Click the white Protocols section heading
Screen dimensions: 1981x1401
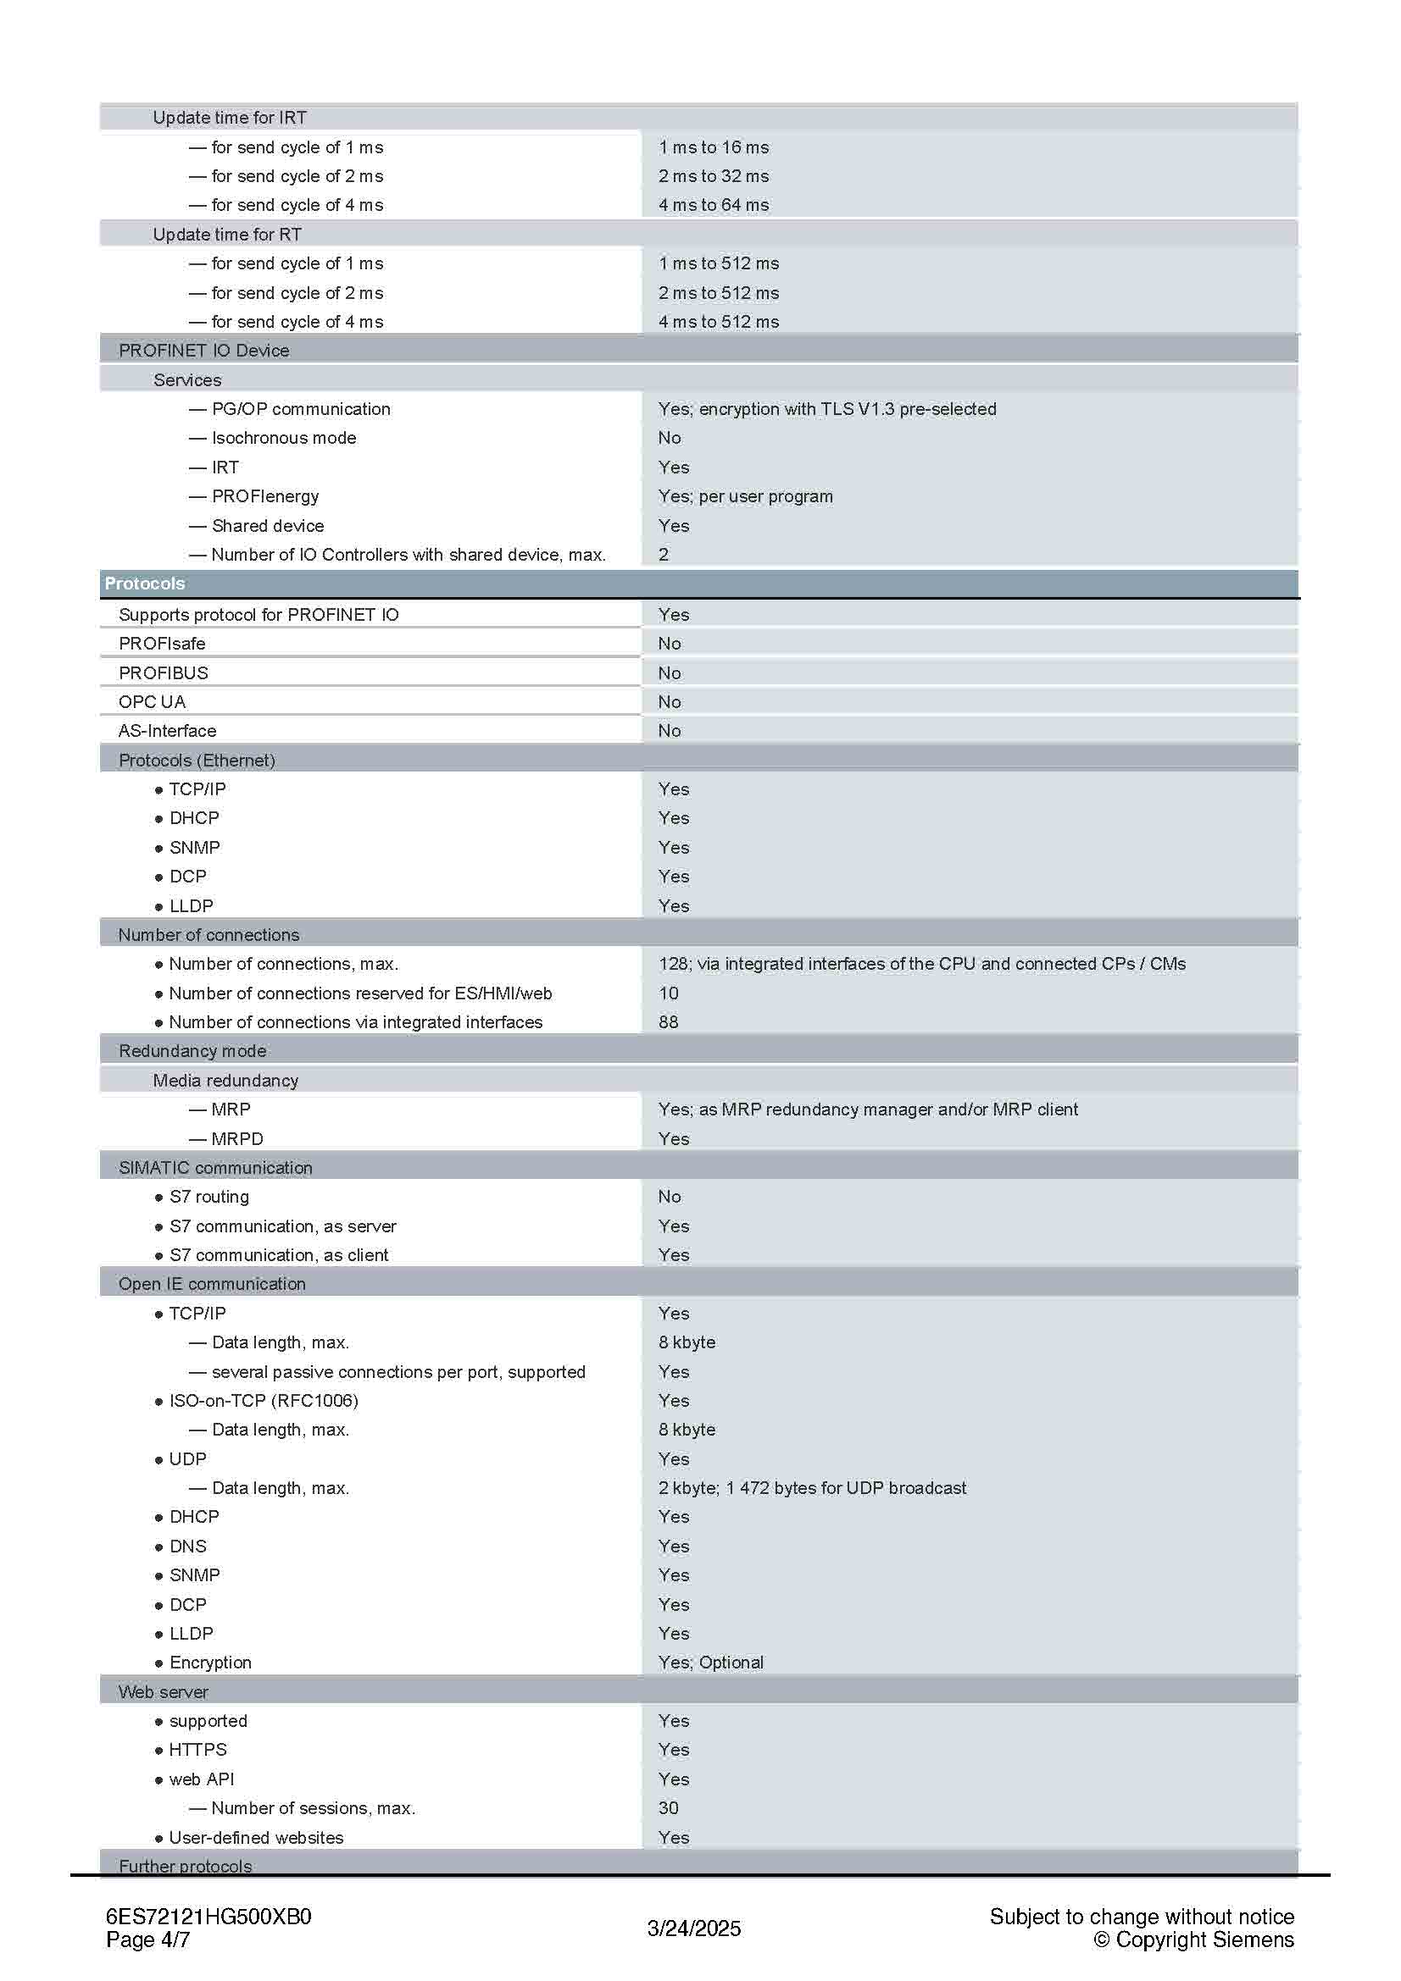click(x=144, y=584)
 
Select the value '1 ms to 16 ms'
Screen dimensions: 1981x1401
click(x=713, y=147)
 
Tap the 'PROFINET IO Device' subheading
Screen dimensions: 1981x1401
click(x=203, y=351)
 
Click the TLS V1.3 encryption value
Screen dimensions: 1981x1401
click(x=826, y=409)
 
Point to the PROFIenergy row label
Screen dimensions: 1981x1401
click(x=265, y=496)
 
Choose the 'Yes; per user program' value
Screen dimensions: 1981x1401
click(x=745, y=496)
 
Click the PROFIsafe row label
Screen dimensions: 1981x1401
click(x=161, y=644)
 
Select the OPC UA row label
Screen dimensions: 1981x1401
click(x=152, y=701)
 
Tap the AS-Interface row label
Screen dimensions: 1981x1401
click(x=168, y=731)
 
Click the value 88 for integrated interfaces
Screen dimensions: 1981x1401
click(x=668, y=1022)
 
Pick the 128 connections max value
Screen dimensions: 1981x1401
click(x=921, y=964)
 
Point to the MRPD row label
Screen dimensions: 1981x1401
click(x=236, y=1139)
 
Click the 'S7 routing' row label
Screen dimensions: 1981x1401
click(x=208, y=1197)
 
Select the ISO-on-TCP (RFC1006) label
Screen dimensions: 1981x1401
click(x=264, y=1400)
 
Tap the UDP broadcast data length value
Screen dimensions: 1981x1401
click(x=811, y=1488)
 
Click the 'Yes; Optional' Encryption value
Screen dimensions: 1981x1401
click(x=710, y=1663)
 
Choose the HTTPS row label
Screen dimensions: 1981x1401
click(x=197, y=1750)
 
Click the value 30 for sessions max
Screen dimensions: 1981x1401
click(x=668, y=1807)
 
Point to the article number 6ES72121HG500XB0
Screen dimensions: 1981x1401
click(x=208, y=1917)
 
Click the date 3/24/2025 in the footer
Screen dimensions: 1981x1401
click(x=694, y=1928)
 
